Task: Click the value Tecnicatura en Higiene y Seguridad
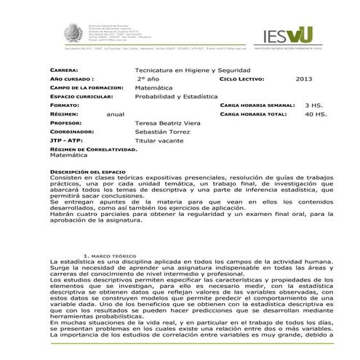[187, 68]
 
